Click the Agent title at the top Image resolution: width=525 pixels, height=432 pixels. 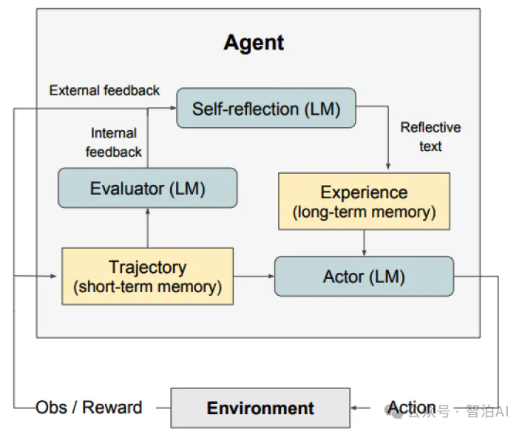click(254, 43)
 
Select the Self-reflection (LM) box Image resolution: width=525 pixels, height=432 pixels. click(266, 109)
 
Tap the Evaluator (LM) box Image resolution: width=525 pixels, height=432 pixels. click(147, 188)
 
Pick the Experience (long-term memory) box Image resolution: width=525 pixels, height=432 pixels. click(364, 201)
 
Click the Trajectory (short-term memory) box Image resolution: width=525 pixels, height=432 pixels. click(147, 277)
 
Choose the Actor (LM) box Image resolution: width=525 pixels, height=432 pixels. click(364, 277)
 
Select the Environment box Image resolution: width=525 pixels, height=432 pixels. click(260, 408)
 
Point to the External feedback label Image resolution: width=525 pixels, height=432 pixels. click(104, 90)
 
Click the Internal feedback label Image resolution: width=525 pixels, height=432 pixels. click(114, 143)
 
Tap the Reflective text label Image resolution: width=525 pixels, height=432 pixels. click(430, 137)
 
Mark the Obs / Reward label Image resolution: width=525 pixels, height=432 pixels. click(89, 408)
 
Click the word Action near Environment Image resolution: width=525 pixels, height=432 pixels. click(412, 408)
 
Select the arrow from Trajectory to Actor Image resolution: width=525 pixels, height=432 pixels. click(254, 277)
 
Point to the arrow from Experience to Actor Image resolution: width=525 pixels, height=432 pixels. click(364, 243)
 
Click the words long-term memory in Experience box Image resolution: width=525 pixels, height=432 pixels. click(364, 212)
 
